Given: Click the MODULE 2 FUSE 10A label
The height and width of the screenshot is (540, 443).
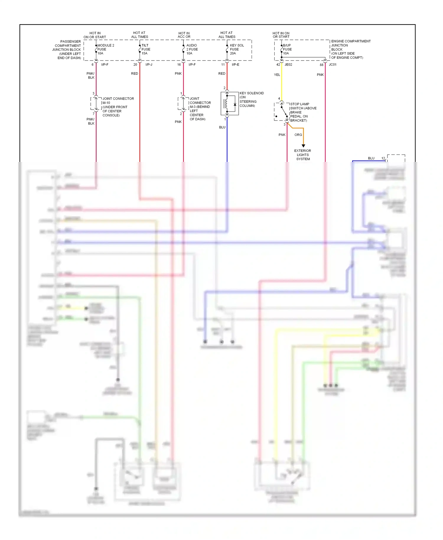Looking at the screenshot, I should click(105, 49).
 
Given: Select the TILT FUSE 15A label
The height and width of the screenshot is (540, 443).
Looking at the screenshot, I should click(146, 49).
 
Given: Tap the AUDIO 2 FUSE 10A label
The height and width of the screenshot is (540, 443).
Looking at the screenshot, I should click(192, 49).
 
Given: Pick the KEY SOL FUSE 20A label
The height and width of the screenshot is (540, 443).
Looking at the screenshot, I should click(237, 49).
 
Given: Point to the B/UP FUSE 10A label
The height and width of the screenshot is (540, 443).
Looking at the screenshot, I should click(287, 49).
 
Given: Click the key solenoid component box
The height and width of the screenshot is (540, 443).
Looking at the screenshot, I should click(229, 103).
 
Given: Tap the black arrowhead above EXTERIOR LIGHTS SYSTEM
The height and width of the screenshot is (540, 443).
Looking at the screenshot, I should click(303, 146).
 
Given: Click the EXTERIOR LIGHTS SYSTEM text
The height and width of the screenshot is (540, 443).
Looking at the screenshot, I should click(303, 155).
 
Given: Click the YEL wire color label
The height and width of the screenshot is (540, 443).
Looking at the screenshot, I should click(277, 75).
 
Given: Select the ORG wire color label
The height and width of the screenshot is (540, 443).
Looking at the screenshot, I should click(298, 135).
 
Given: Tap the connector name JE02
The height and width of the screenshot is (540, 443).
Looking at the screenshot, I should click(288, 65).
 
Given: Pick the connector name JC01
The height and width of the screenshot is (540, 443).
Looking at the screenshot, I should click(333, 65).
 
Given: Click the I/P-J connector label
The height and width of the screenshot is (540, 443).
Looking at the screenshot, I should click(149, 65).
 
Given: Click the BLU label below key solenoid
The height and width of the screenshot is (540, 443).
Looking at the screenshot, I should click(222, 127).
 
